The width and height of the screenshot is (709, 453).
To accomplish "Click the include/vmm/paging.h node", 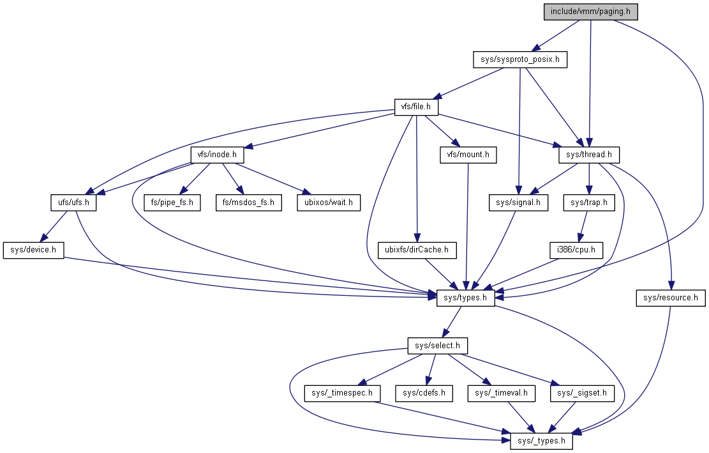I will (x=590, y=12).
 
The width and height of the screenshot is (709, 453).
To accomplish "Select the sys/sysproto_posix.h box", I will (x=520, y=60).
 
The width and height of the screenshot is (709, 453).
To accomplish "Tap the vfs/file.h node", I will (x=416, y=107).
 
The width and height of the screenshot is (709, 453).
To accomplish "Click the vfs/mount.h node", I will (x=468, y=155).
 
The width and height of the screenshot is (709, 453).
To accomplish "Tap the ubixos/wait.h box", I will (x=328, y=203).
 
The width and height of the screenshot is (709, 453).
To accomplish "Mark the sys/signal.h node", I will (x=518, y=203).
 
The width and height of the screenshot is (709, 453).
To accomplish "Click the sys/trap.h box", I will (x=589, y=203).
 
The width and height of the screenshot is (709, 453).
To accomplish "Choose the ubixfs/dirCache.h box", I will (x=417, y=250).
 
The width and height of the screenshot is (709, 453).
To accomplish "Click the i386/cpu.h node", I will (x=576, y=250).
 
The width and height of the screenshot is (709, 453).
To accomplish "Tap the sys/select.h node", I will (x=437, y=346).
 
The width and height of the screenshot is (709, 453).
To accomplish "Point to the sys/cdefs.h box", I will (x=424, y=393).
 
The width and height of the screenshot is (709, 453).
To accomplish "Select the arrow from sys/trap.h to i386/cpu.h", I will (x=583, y=226).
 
